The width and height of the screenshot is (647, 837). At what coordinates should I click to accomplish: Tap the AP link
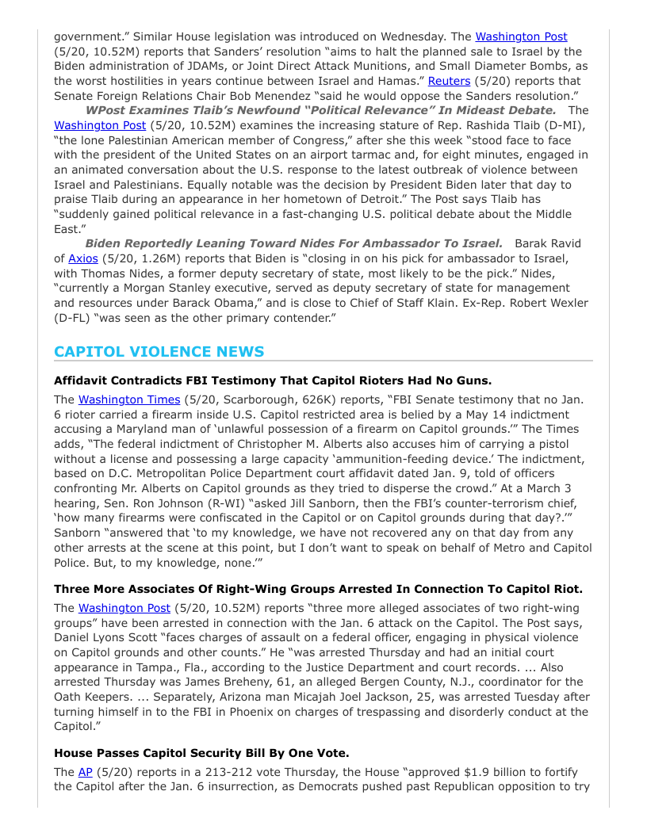(x=86, y=772)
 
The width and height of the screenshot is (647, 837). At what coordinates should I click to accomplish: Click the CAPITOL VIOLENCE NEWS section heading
(x=159, y=352)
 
